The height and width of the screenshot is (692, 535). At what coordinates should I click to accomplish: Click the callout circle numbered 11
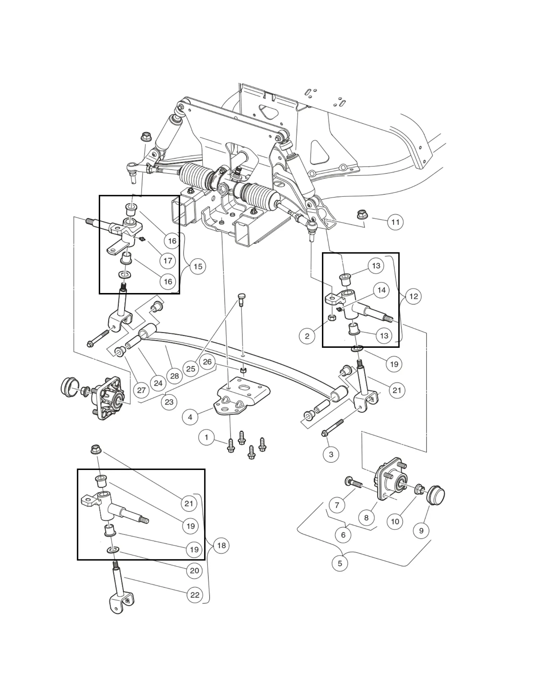point(395,222)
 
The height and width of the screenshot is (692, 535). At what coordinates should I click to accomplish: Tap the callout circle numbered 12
point(414,296)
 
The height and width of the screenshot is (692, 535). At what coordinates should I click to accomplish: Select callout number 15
point(198,267)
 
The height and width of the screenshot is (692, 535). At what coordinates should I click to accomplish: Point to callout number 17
point(168,261)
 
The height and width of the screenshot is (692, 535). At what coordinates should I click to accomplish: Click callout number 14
point(381,290)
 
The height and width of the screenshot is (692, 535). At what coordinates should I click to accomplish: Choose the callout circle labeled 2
point(307,336)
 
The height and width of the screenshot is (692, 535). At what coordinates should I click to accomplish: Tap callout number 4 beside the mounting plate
point(190,417)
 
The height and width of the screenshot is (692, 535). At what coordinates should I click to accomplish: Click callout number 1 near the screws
point(206,438)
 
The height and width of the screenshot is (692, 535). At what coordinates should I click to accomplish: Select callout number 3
point(331,454)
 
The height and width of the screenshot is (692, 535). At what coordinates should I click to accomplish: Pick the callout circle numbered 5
point(340,563)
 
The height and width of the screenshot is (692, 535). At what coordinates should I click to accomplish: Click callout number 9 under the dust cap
point(421,531)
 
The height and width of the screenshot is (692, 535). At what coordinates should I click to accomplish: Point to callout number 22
point(195,595)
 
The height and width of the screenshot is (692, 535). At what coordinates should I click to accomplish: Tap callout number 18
point(221,545)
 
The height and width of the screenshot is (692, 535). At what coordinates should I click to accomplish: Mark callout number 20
point(194,571)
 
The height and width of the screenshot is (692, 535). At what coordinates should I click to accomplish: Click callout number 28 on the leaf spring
point(174,376)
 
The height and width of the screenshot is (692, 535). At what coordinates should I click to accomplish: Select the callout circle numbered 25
point(191,369)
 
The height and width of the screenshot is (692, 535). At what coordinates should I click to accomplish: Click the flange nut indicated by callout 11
point(362,214)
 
